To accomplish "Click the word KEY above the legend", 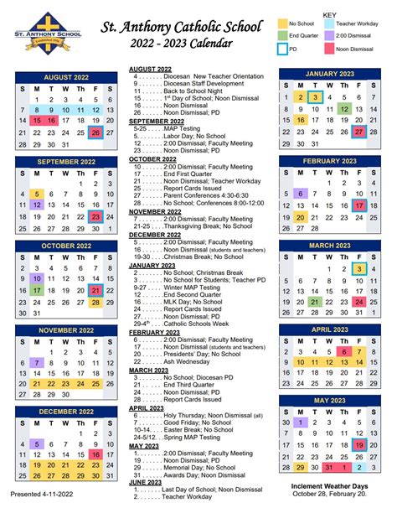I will tap(329, 15).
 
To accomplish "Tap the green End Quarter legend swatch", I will tap(283, 37).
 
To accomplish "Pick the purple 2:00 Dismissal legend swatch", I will tap(328, 37).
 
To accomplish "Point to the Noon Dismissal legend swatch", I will tap(328, 49).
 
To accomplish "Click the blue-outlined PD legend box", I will tap(283, 49).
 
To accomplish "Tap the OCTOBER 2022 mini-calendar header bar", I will tap(66, 246).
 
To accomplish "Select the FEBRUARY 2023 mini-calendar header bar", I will tap(331, 160).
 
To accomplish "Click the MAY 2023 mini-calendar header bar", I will tap(331, 401).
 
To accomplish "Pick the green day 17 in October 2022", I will tap(36, 290).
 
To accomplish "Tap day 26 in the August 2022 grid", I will tap(96, 132).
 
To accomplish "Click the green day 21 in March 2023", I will tap(315, 302).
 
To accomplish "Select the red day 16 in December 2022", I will tap(96, 454).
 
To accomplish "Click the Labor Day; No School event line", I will tap(179, 135).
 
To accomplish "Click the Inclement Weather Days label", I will tap(330, 486).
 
